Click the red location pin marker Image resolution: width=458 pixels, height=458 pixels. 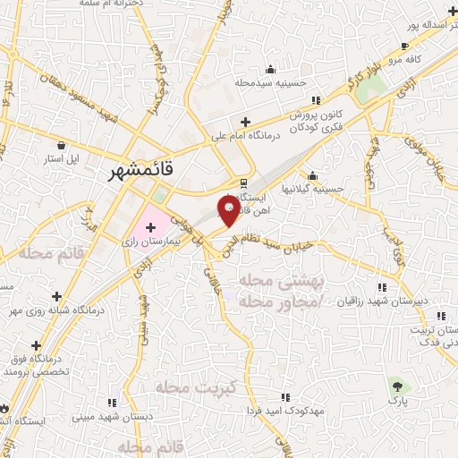tap(229, 211)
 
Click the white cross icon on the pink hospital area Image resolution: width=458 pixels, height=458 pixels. tap(150, 228)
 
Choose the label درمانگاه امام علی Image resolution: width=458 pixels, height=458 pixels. tap(246, 137)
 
